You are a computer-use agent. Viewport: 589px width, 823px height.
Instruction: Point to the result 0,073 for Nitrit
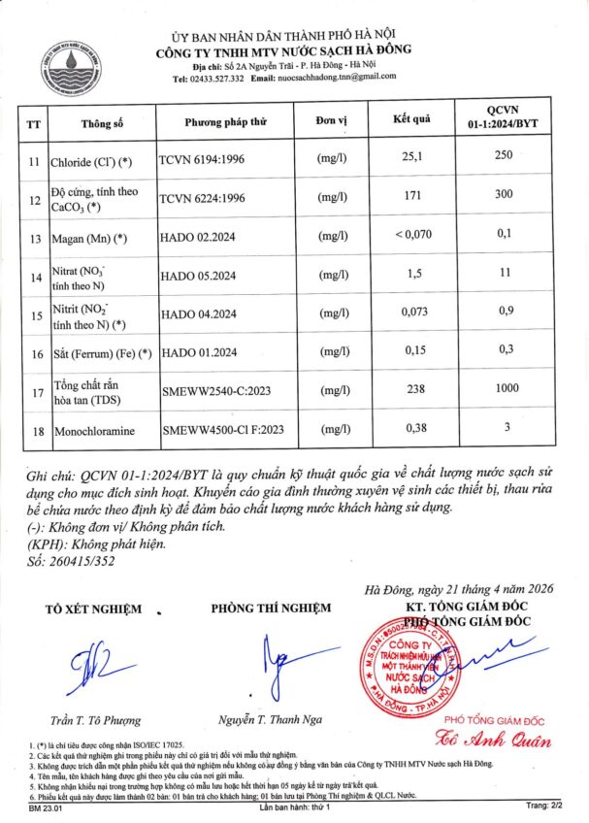coord(409,313)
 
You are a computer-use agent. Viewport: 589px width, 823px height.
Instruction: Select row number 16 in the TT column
coord(36,354)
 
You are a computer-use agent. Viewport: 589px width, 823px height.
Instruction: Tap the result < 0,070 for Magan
coord(409,236)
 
